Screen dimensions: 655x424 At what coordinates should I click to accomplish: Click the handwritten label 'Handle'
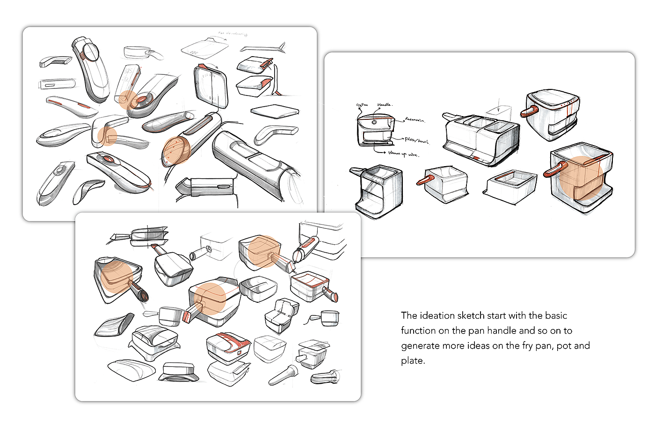pos(384,105)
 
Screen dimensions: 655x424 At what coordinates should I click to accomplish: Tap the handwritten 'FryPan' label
pos(362,105)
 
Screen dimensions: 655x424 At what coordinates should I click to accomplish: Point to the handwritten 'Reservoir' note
pos(415,120)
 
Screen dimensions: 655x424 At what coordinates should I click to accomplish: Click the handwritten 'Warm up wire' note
pos(403,153)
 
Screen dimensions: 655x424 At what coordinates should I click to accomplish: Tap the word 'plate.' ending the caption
pos(413,360)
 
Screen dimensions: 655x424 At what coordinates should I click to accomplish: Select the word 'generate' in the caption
pos(419,345)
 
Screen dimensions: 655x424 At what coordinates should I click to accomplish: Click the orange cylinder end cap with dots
pos(174,151)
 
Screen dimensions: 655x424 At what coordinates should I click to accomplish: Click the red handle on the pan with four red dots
pos(530,111)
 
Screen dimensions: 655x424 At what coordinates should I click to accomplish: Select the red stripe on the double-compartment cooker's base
pos(476,158)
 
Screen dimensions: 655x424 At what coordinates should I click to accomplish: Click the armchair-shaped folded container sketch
pos(282,316)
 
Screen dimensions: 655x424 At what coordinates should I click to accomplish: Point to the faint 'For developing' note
pos(233,34)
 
